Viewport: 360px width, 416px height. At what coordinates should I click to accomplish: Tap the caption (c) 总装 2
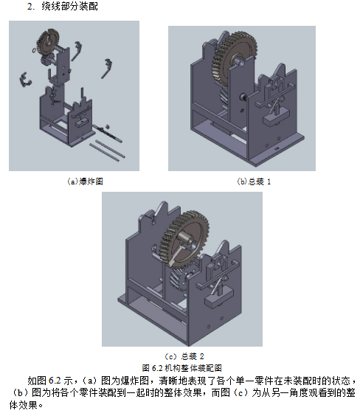pos(181,356)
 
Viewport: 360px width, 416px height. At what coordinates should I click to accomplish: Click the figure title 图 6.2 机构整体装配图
pos(181,366)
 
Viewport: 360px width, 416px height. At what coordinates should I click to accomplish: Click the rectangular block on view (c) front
pos(221,297)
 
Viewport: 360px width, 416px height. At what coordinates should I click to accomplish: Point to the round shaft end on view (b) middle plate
pos(241,96)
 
